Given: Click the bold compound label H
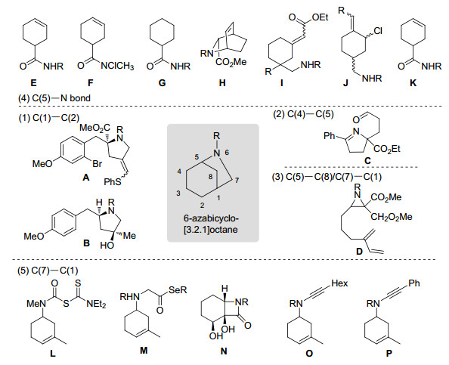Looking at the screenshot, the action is pos(222,83).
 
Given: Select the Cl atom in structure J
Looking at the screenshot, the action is pos(378,31).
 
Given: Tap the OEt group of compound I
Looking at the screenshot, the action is pos(320,17).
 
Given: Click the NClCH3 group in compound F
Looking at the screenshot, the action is pos(117,67).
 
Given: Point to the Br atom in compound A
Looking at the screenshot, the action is pos(97,164).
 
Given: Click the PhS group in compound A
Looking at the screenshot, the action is pos(113,181).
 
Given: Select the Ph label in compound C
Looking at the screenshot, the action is pos(330,136).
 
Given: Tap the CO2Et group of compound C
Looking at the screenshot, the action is pos(386,149).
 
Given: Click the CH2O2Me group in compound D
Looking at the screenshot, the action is pos(392,217).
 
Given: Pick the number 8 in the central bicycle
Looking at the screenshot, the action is pos(211,177).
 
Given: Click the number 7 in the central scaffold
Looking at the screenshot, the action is pos(237,181).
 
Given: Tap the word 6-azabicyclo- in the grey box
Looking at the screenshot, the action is pos(212,218).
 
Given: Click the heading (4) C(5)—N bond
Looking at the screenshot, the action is pos(54,98).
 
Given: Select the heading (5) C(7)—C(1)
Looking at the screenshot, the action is pos(48,271).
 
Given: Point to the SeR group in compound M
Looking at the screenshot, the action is pos(178,290).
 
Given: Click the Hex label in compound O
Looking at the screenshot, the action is pos(339,283).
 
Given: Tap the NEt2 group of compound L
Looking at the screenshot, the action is pos(96,304).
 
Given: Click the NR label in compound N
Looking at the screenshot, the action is pos(242,302).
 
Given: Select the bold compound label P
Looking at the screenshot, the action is pos(389,354).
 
